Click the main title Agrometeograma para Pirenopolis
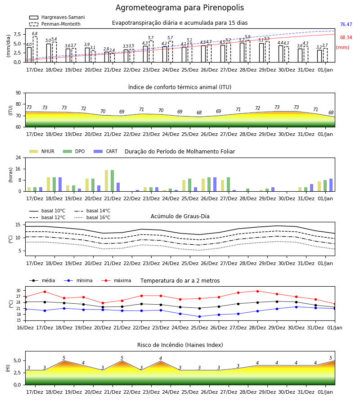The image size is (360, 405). [x=180, y=8]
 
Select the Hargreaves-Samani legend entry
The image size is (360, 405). [x=57, y=17]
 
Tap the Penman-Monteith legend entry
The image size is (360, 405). [x=55, y=24]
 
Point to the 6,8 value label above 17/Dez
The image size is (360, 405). [x=35, y=34]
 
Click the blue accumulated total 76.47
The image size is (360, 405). [x=346, y=25]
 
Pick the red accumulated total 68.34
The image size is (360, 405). [x=346, y=37]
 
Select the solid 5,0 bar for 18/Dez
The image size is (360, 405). [x=49, y=53]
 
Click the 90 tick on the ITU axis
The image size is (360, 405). [x=18, y=93]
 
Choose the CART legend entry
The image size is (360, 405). [x=106, y=151]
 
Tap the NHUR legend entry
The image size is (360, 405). [x=42, y=151]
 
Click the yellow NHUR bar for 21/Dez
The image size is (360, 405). [x=106, y=180]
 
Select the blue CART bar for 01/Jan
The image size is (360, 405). [x=331, y=185]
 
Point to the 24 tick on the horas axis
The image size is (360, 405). [x=18, y=157]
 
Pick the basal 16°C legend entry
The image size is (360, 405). [x=92, y=217]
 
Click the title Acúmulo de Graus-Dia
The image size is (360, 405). [x=180, y=216]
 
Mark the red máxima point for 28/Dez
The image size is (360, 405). [x=257, y=291]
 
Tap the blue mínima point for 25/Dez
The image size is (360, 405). [x=199, y=316]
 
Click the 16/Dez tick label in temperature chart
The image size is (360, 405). [x=25, y=328]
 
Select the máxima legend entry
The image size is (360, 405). [x=116, y=280]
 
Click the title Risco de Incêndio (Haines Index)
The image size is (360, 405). [x=180, y=345]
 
